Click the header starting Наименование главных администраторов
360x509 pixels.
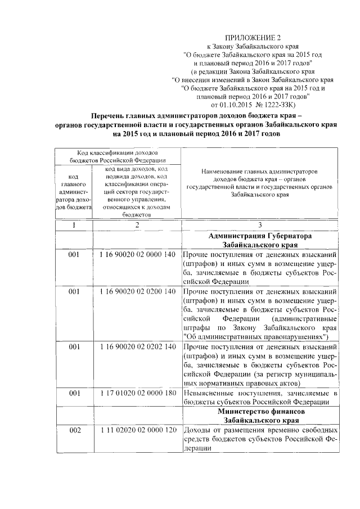pyautogui.click(x=259, y=170)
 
